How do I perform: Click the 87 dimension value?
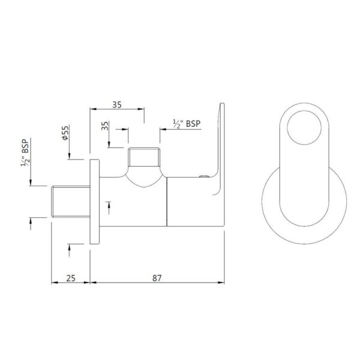coord(157,278)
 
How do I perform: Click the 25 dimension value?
coord(71,278)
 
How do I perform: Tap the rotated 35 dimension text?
coord(104,126)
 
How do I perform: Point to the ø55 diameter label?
coord(65,133)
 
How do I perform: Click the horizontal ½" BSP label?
coord(187,124)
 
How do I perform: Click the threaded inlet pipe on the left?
coord(71,202)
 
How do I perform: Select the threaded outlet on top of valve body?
coord(144,157)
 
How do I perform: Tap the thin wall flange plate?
coord(95,202)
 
